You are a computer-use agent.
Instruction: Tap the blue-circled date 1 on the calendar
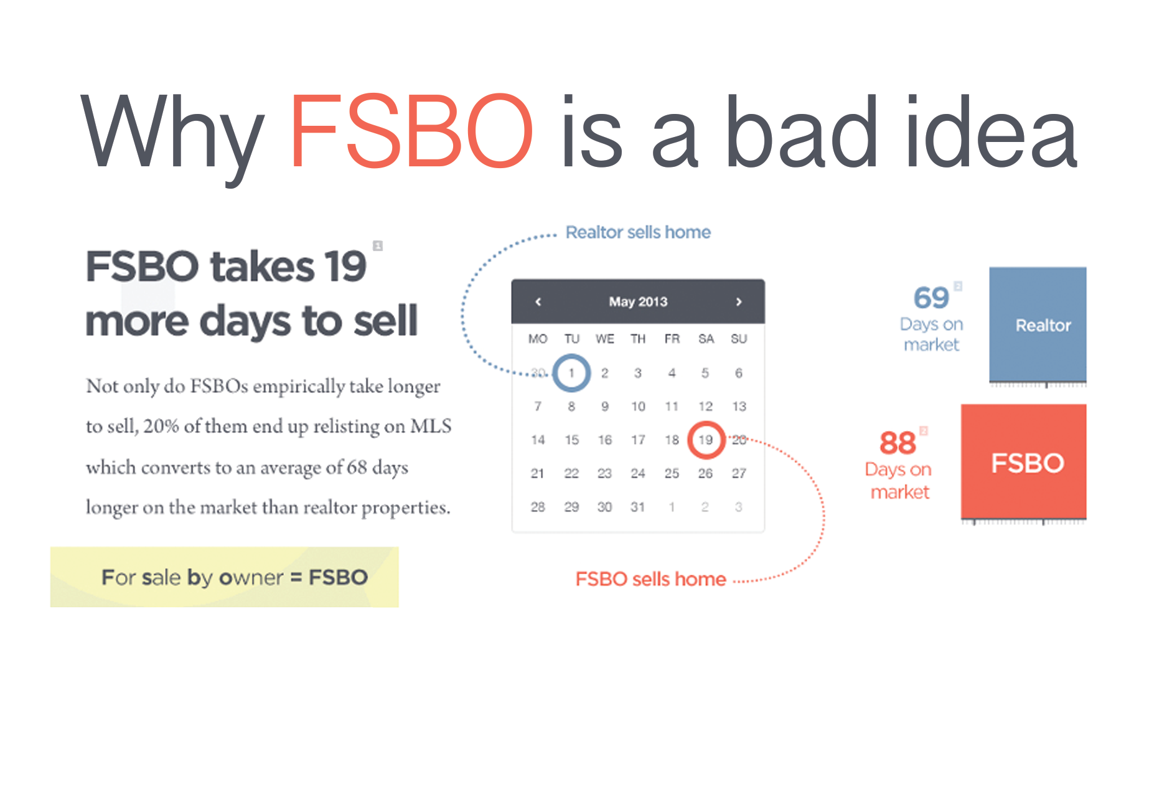[571, 372]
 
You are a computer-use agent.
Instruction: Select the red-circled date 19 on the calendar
[706, 440]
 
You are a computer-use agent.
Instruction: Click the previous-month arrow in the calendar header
[538, 302]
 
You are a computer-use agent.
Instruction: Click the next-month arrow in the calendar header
[739, 302]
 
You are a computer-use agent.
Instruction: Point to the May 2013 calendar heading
[638, 302]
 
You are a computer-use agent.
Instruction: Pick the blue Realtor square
[1038, 324]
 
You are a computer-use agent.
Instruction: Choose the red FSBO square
[1024, 461]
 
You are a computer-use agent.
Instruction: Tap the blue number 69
[931, 298]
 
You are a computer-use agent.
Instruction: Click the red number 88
[898, 443]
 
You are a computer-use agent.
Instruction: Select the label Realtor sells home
[638, 232]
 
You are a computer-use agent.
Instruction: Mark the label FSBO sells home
[650, 579]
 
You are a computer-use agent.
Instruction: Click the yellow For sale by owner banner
[224, 577]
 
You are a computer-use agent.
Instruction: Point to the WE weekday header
[604, 339]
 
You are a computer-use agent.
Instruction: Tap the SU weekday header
[739, 339]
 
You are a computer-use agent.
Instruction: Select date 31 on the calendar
[637, 507]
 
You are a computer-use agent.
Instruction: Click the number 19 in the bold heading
[345, 267]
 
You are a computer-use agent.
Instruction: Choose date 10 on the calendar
[638, 406]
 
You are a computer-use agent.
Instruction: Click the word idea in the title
[991, 131]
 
